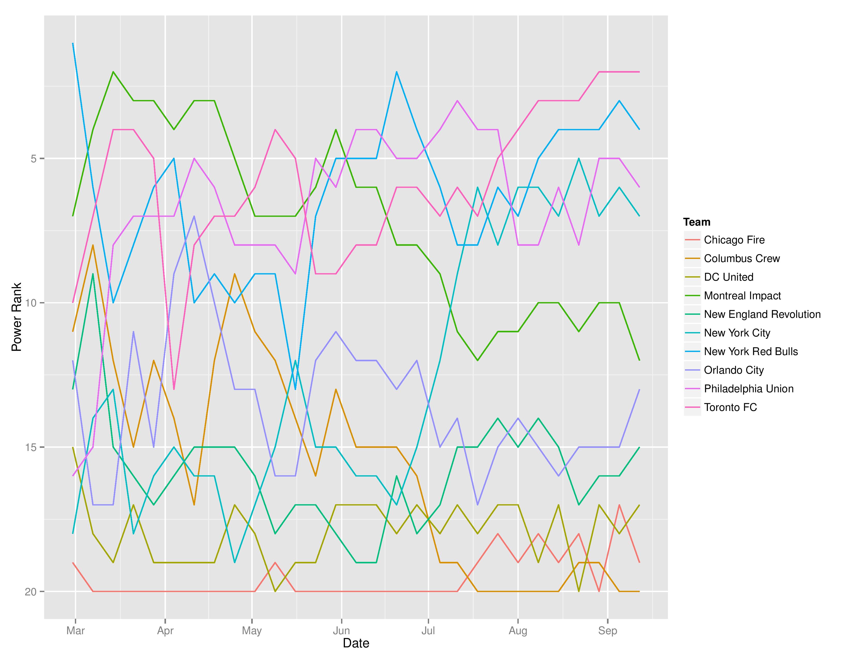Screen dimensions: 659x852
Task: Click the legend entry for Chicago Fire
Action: point(734,240)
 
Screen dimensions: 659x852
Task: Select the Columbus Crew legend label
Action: point(741,258)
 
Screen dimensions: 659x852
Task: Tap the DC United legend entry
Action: point(728,277)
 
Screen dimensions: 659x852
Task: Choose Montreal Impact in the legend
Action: point(742,296)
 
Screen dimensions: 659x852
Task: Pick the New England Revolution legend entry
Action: point(762,314)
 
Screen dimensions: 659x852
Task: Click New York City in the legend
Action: point(737,333)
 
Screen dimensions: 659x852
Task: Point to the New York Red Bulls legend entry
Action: point(751,351)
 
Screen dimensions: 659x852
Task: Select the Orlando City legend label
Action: point(733,370)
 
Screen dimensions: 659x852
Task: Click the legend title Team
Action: point(697,222)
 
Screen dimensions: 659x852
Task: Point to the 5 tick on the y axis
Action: point(33,159)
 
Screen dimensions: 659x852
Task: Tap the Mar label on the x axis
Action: point(75,631)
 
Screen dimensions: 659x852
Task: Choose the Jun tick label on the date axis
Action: point(341,631)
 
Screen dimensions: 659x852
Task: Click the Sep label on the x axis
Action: point(608,631)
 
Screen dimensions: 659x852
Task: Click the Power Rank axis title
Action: point(16,317)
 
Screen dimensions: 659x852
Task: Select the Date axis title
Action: point(356,643)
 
